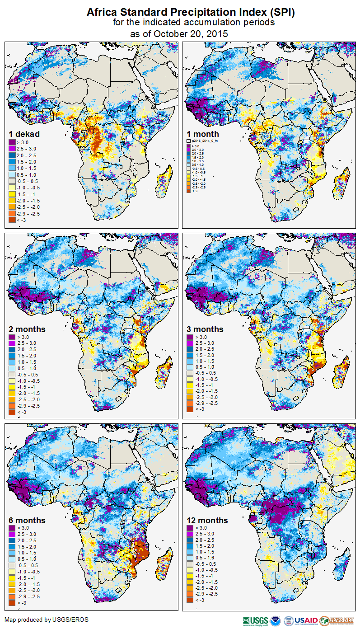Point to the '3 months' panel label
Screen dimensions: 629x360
[x=205, y=329]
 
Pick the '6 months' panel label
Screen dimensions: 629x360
[x=27, y=520]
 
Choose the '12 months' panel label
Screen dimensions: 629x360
[x=207, y=520]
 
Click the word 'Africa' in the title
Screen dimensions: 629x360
[x=102, y=12]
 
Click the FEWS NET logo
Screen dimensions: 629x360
[x=337, y=620]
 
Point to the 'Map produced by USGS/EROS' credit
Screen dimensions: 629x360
[x=47, y=620]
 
